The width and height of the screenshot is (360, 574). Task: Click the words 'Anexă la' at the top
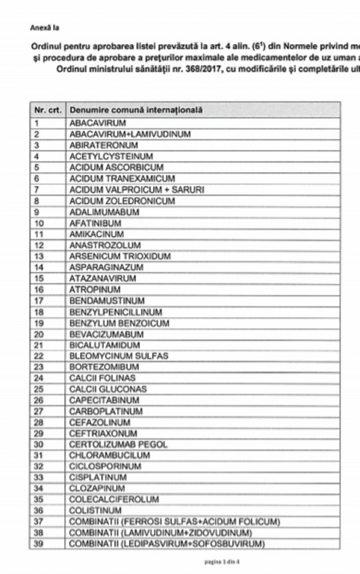coord(42,28)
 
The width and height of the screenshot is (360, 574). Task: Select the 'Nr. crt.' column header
coord(47,111)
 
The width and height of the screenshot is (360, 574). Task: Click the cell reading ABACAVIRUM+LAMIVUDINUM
coord(130,134)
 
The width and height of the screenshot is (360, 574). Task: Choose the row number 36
coord(40,510)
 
